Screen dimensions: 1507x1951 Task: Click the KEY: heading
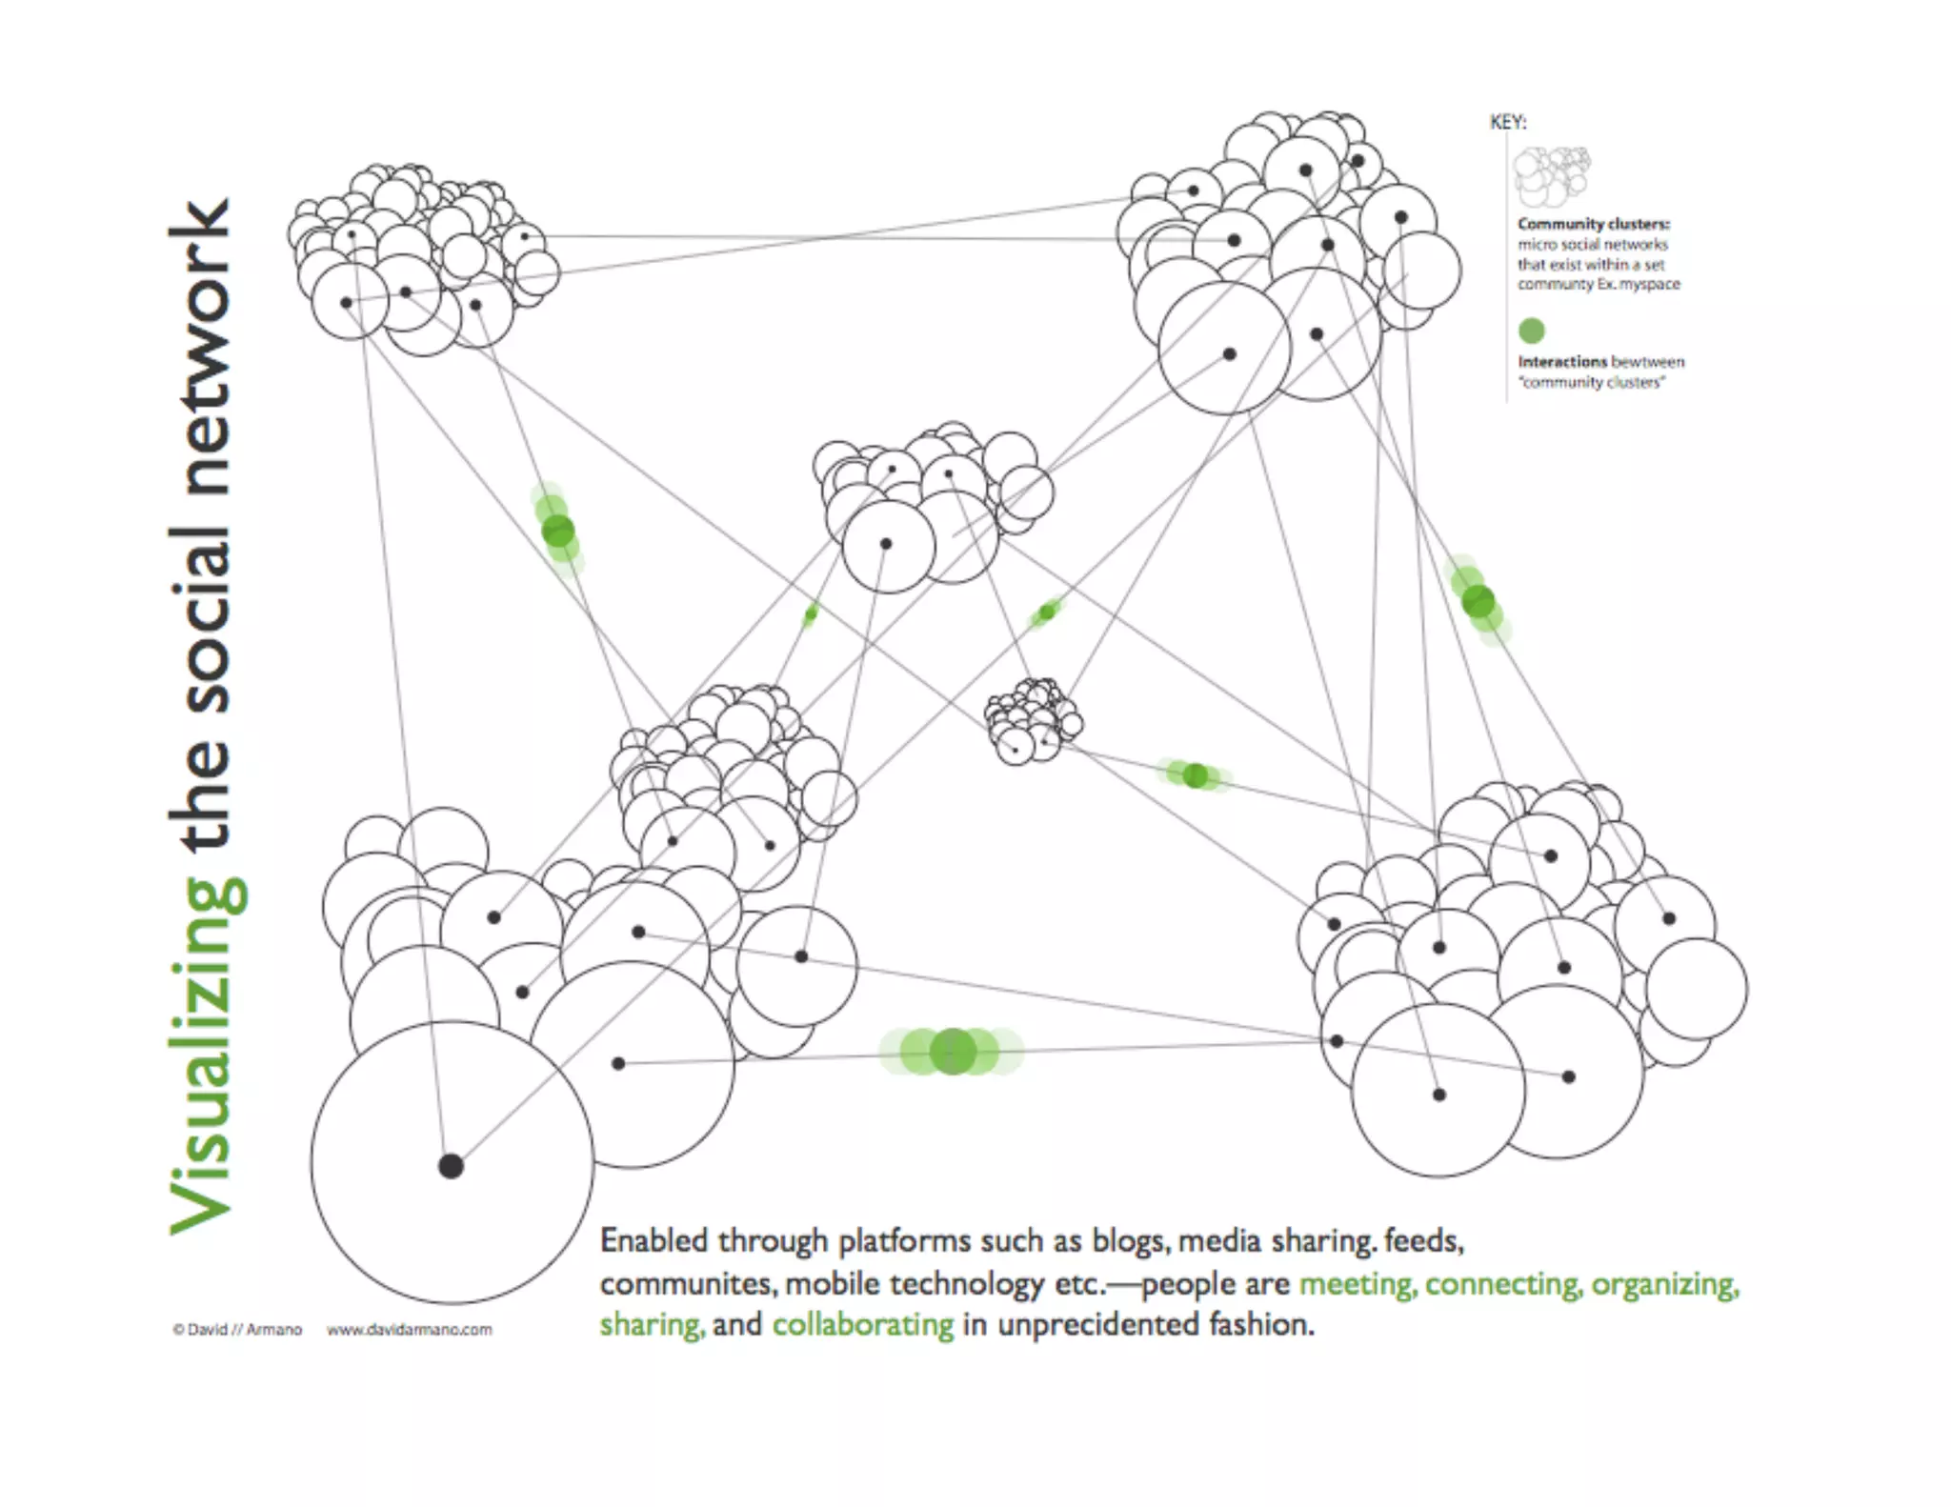1508,122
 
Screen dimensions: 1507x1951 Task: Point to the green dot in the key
1531,331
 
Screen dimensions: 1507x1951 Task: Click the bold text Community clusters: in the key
1593,224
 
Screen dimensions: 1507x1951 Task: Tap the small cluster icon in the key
1551,176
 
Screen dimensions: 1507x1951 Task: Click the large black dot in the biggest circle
451,1165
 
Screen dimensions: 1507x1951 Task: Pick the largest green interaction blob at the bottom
952,1052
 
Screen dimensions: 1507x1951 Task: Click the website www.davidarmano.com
410,1330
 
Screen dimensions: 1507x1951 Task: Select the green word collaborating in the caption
862,1325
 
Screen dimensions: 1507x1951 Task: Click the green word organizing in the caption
1664,1284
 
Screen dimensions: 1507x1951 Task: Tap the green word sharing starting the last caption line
652,1325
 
